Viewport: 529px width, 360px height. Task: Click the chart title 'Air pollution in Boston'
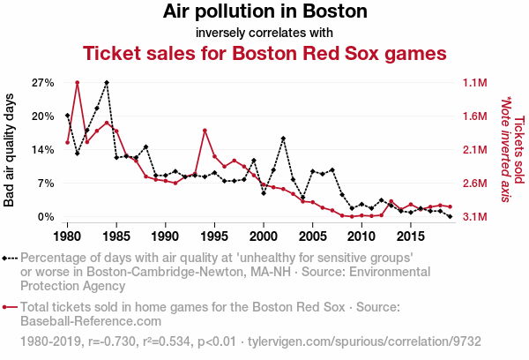[264, 12]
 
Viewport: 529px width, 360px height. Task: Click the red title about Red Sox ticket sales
[264, 54]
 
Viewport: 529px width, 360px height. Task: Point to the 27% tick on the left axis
[43, 83]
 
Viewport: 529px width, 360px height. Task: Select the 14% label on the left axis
[43, 150]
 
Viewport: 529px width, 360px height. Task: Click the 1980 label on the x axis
[68, 236]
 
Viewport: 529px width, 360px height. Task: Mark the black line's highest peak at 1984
[107, 82]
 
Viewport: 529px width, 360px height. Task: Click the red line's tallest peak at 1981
[78, 82]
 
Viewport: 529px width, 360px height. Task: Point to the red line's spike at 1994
[205, 131]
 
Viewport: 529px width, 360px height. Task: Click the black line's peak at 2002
[283, 138]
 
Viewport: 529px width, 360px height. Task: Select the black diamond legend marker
[6, 259]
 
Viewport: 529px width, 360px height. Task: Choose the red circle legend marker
[6, 307]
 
